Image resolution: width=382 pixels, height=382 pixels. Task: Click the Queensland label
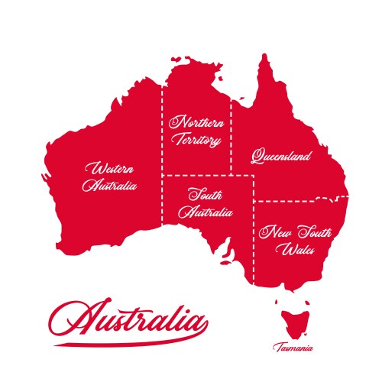pos(282,156)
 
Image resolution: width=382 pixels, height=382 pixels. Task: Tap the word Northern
pos(197,122)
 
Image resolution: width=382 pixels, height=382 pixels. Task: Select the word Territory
pos(197,141)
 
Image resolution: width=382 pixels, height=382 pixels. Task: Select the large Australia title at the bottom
pos(130,319)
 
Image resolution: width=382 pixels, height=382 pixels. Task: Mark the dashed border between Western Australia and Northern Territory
pos(161,153)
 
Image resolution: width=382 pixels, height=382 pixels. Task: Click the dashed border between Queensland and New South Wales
pos(298,200)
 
